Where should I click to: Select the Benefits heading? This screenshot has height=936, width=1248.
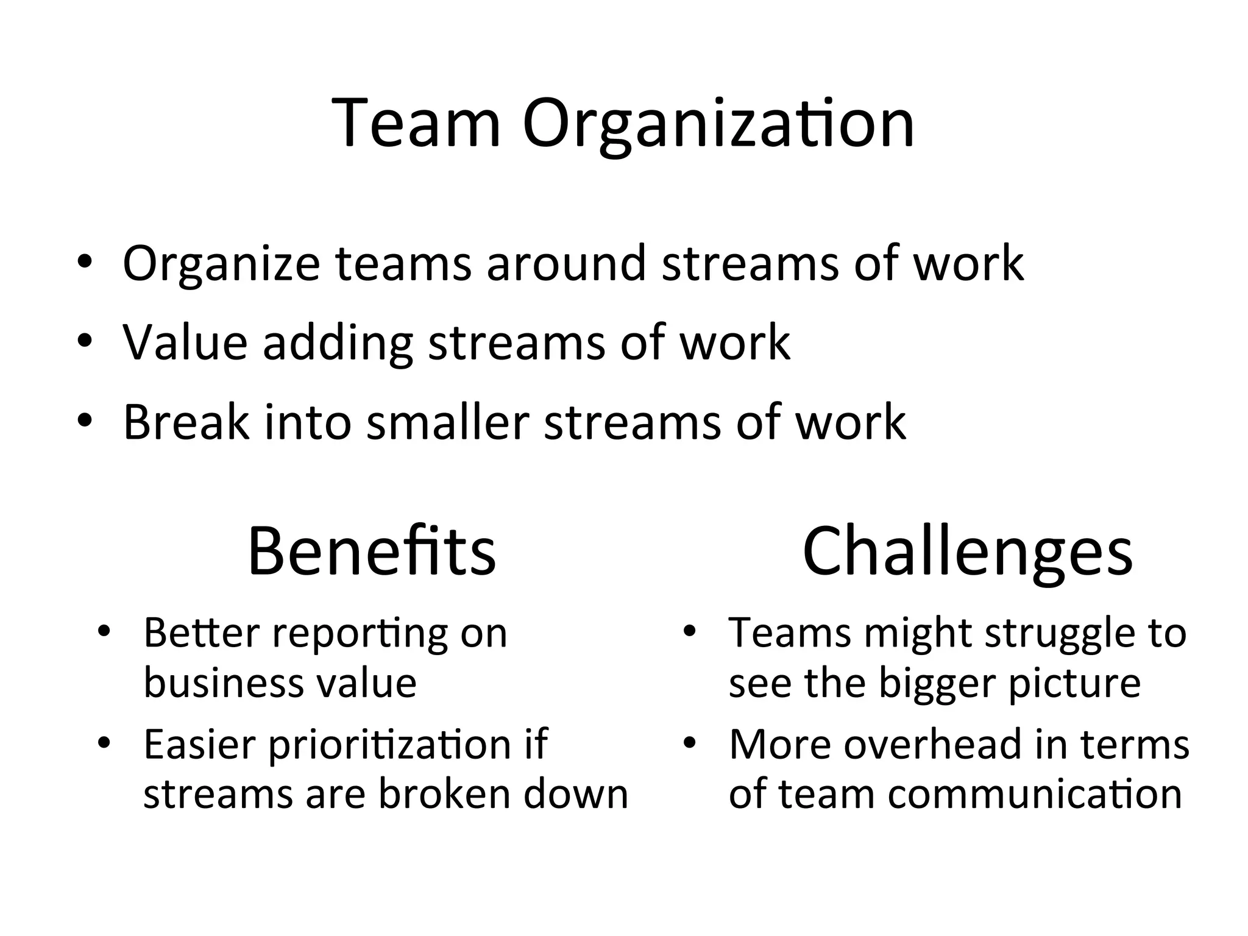(x=372, y=552)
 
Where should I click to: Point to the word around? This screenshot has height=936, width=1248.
(x=565, y=263)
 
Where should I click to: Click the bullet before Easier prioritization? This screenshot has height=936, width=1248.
(x=105, y=743)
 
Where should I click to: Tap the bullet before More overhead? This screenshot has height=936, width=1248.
(x=689, y=743)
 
